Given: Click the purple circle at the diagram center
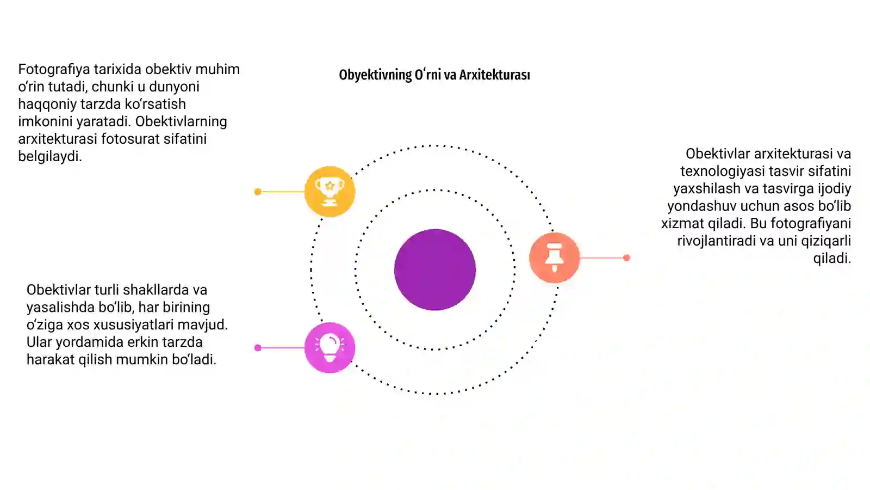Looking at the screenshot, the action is pyautogui.click(x=435, y=269).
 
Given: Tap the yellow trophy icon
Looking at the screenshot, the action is pyautogui.click(x=330, y=191).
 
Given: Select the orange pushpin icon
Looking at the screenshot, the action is pyautogui.click(x=554, y=258).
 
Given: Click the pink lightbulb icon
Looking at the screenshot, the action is pyautogui.click(x=330, y=348).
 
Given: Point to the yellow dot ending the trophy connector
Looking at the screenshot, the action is pyautogui.click(x=258, y=191).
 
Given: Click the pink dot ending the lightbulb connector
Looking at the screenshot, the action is pyautogui.click(x=258, y=348).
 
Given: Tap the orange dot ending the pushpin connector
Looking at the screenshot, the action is pyautogui.click(x=626, y=258).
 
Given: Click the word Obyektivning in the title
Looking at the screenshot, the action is pyautogui.click(x=375, y=75).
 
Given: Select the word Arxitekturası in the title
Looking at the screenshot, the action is pyautogui.click(x=494, y=75).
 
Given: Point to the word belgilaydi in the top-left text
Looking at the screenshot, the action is pyautogui.click(x=50, y=156).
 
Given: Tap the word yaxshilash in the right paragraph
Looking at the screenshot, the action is pyautogui.click(x=706, y=188).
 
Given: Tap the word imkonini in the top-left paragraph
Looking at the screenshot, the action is pyautogui.click(x=45, y=121).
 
